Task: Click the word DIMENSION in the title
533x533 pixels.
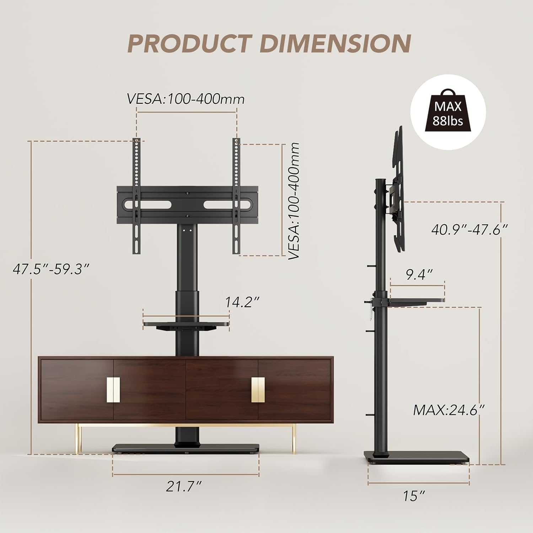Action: (335, 44)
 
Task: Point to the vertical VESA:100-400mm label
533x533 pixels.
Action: (294, 201)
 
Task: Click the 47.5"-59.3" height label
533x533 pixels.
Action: (50, 269)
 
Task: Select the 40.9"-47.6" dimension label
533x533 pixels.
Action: (469, 230)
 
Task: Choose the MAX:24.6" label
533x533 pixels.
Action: (449, 410)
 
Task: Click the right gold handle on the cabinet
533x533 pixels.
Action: (258, 389)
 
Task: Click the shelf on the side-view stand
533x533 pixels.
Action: (416, 301)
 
